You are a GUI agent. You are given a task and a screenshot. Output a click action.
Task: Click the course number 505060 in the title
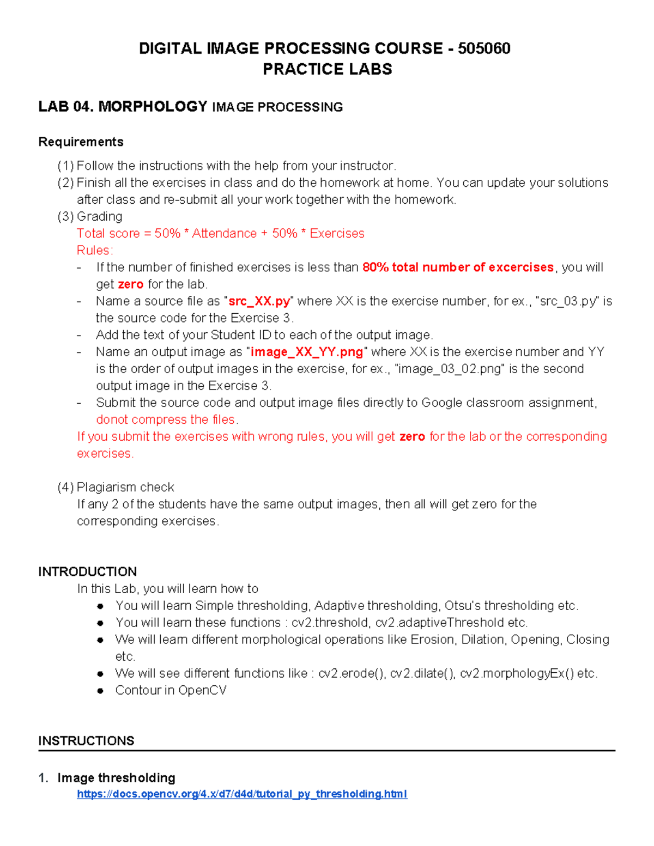click(x=484, y=48)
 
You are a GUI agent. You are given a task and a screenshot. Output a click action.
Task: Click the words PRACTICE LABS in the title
click(x=327, y=69)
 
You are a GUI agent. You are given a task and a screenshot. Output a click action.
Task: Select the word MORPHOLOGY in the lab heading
click(x=153, y=106)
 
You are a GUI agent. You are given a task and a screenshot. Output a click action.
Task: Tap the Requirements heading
click(x=81, y=142)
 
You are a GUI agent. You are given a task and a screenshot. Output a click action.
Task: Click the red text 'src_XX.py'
click(x=259, y=301)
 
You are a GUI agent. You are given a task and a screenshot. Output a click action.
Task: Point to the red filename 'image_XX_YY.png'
click(x=306, y=352)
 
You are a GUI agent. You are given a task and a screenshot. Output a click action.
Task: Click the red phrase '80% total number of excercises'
click(x=458, y=267)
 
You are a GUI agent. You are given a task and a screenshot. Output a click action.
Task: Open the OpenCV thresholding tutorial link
click(x=242, y=794)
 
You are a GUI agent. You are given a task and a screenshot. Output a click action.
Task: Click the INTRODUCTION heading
click(x=87, y=571)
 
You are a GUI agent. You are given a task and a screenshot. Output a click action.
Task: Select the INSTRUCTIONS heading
click(x=86, y=741)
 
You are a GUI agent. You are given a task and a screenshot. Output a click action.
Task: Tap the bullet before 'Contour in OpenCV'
click(x=100, y=691)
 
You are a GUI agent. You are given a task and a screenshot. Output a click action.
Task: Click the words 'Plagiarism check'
click(x=125, y=487)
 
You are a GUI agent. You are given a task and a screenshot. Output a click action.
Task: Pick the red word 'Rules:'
click(x=95, y=251)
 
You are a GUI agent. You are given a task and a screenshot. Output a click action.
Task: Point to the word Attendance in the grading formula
click(x=224, y=234)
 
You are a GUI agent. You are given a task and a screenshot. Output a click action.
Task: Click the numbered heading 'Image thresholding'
click(x=116, y=777)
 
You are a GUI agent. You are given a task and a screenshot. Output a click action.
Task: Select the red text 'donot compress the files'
click(x=166, y=419)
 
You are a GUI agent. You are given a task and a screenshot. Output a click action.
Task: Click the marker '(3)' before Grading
click(x=65, y=217)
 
